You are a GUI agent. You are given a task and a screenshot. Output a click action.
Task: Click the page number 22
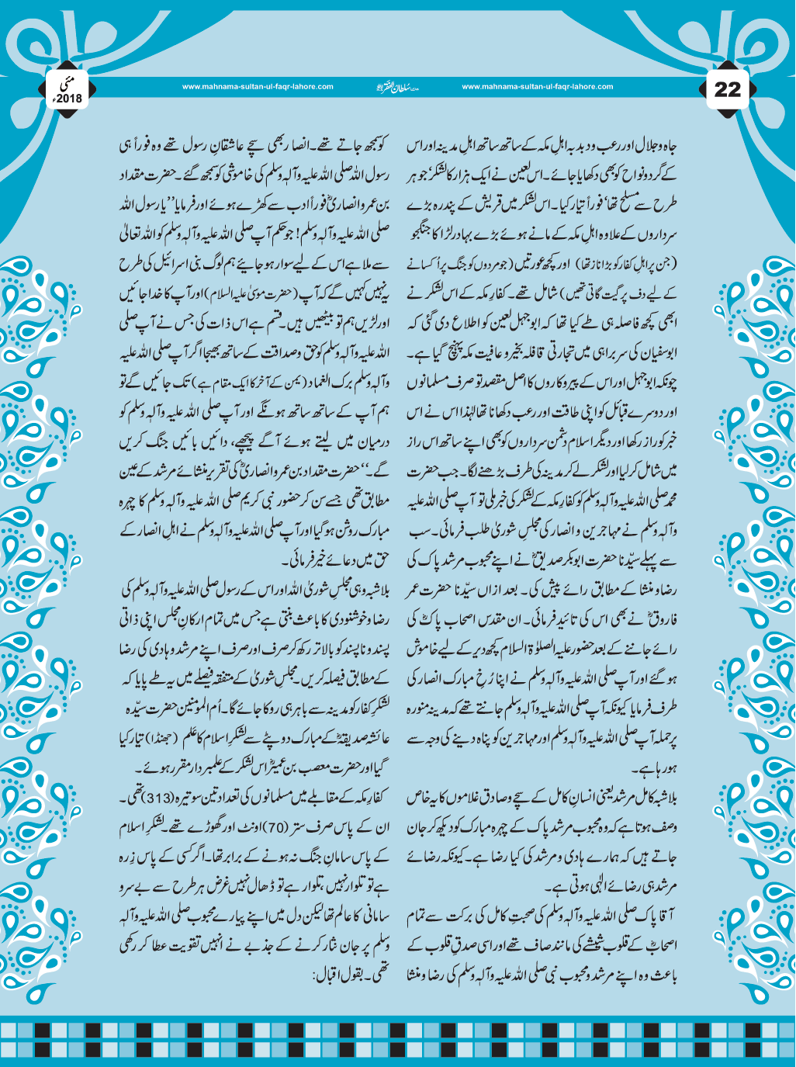point(728,89)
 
